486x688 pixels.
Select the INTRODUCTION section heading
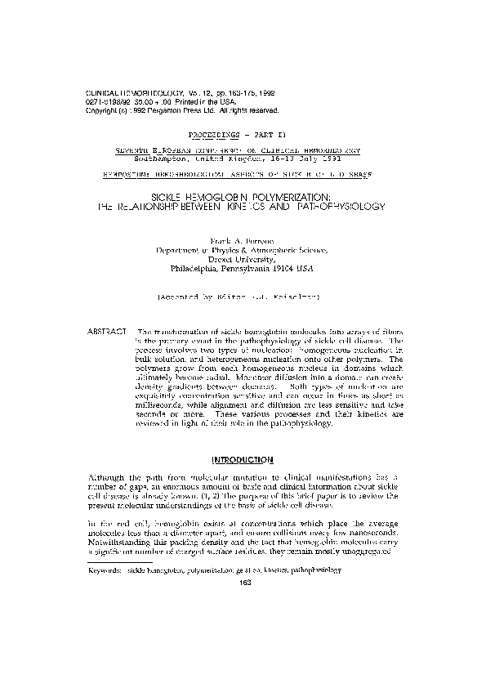coord(243,460)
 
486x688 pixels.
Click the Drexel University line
coord(243,259)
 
